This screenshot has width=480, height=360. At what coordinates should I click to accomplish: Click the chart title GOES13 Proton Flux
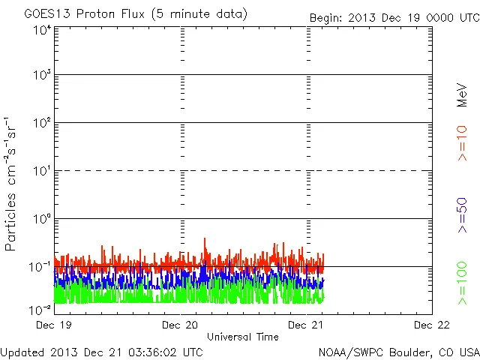click(x=135, y=14)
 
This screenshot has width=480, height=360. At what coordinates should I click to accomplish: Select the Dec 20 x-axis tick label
click(x=180, y=325)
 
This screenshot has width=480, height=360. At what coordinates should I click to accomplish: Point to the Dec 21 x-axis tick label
click(x=306, y=325)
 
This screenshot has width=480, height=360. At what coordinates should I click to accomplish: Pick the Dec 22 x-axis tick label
click(x=432, y=325)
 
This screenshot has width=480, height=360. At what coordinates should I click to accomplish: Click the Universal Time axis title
click(x=242, y=337)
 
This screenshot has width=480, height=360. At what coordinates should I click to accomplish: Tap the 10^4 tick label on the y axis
click(x=41, y=31)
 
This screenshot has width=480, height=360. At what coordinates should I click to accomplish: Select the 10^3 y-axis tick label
click(x=41, y=76)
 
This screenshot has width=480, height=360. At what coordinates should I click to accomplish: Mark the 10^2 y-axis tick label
click(x=41, y=124)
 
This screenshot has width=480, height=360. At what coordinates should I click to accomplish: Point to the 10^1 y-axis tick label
click(x=41, y=172)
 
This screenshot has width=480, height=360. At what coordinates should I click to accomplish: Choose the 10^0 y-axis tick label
click(x=41, y=220)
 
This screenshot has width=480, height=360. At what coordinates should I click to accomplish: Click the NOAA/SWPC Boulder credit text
click(x=398, y=352)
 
